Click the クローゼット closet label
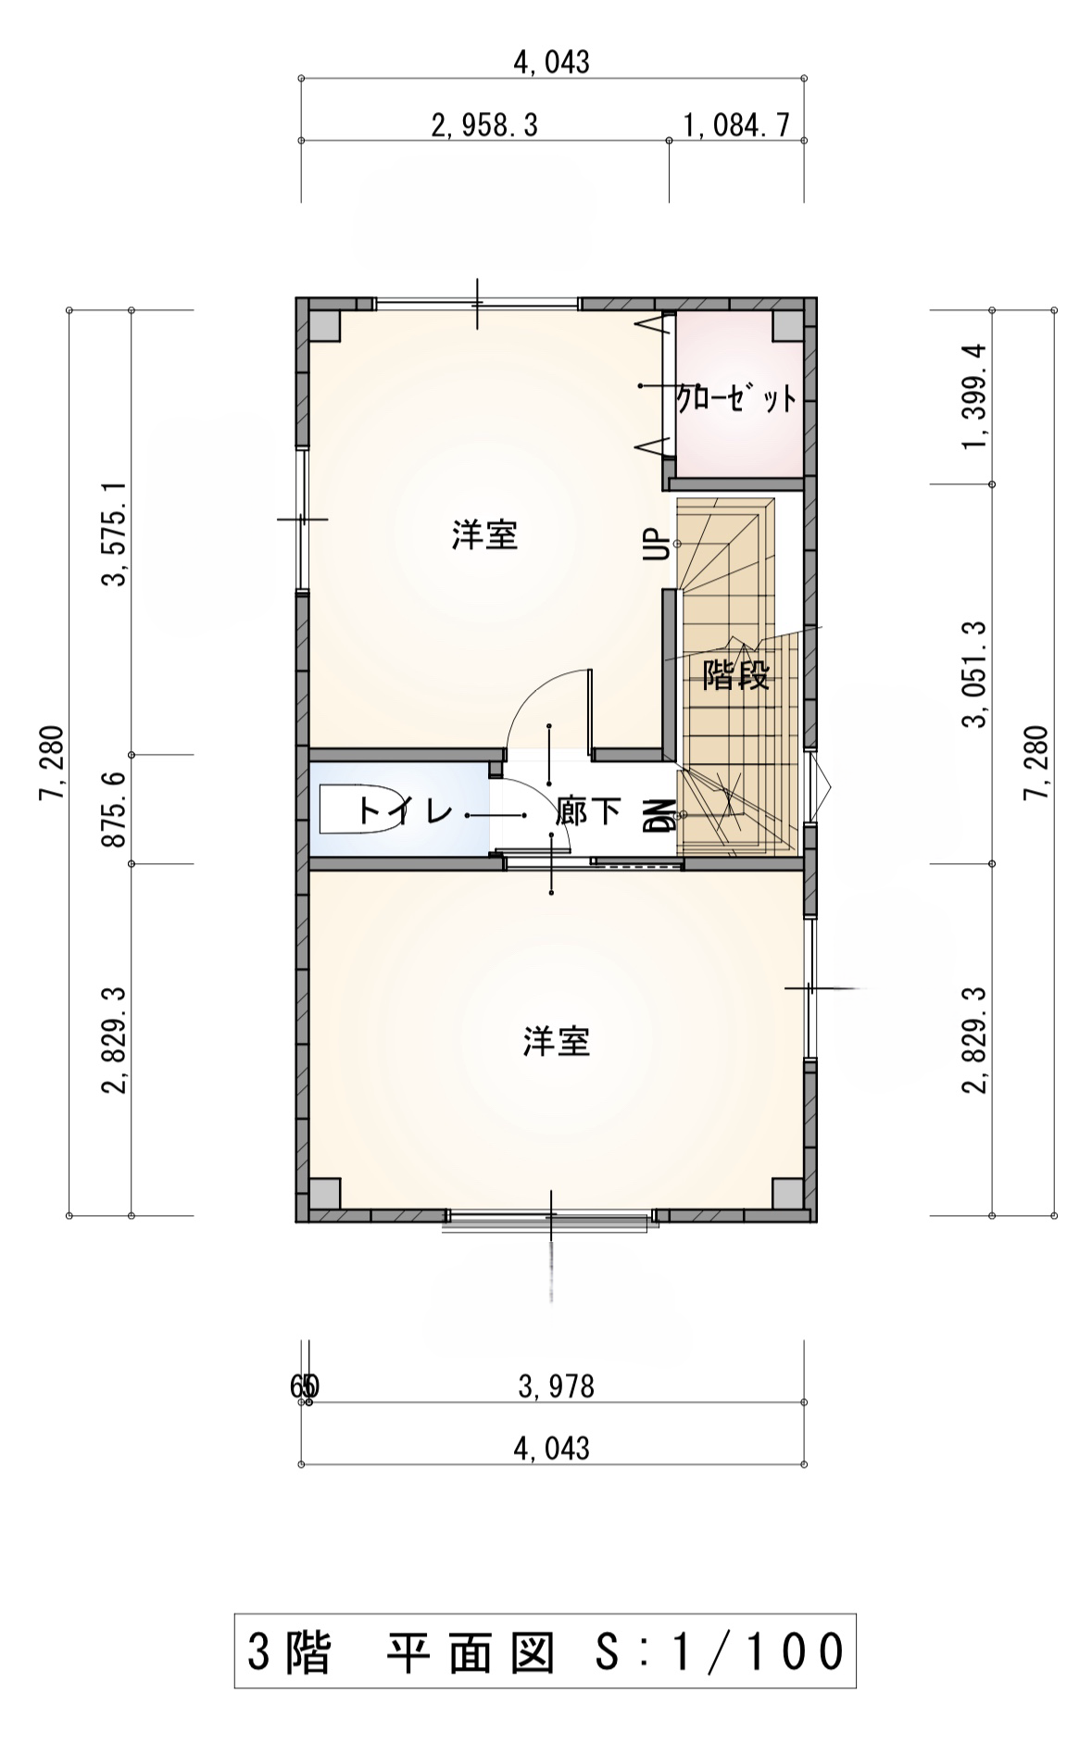click(736, 399)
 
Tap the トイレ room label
click(406, 812)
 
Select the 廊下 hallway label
click(588, 812)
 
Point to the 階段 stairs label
click(736, 674)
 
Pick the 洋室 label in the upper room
click(484, 535)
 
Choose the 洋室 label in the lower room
click(557, 1042)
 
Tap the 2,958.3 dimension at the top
click(484, 125)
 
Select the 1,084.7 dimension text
click(736, 125)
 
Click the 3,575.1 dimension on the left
click(115, 533)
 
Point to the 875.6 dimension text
click(115, 810)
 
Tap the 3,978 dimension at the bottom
click(557, 1386)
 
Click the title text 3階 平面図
click(400, 1653)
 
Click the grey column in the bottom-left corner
click(324, 1194)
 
